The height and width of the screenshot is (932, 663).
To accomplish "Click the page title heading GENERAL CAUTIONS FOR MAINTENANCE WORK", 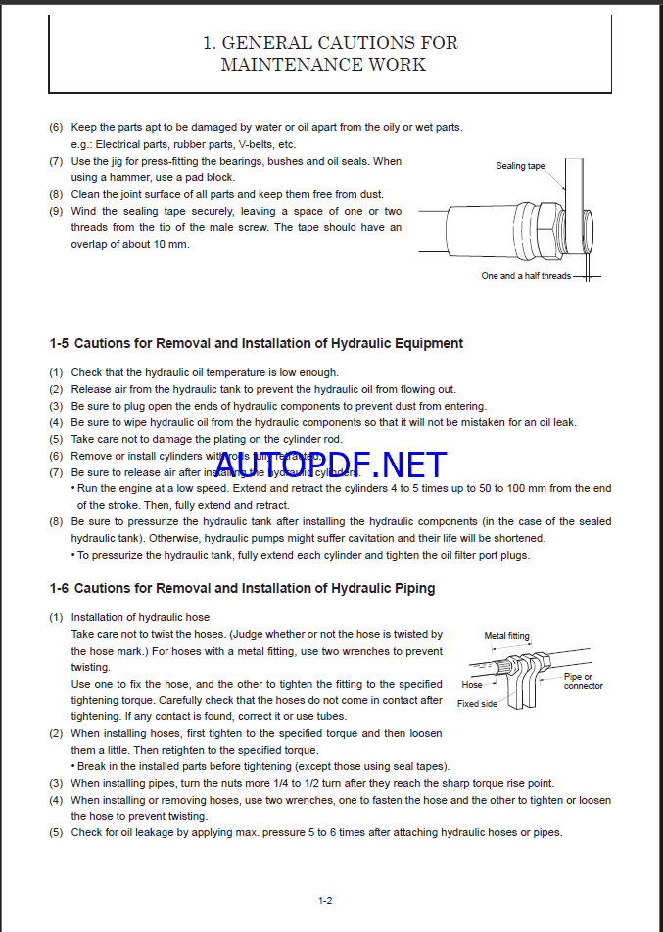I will click(x=330, y=54).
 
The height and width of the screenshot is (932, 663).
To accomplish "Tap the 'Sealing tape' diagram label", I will click(x=520, y=166).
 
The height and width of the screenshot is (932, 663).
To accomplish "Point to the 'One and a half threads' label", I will click(x=525, y=276).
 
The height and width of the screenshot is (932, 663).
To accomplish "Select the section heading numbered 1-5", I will click(x=256, y=343).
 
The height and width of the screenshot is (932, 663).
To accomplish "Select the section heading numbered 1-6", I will click(x=242, y=588).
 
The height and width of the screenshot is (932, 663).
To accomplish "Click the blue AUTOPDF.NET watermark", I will click(x=330, y=466).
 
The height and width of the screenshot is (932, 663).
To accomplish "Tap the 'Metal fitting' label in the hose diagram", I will click(x=508, y=636).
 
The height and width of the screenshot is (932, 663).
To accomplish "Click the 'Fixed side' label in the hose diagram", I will click(x=477, y=704).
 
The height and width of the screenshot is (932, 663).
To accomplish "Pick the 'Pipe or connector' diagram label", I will click(x=583, y=681).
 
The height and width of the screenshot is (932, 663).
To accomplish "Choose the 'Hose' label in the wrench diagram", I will click(x=472, y=685).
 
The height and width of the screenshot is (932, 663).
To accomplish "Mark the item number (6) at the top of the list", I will click(x=57, y=127).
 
